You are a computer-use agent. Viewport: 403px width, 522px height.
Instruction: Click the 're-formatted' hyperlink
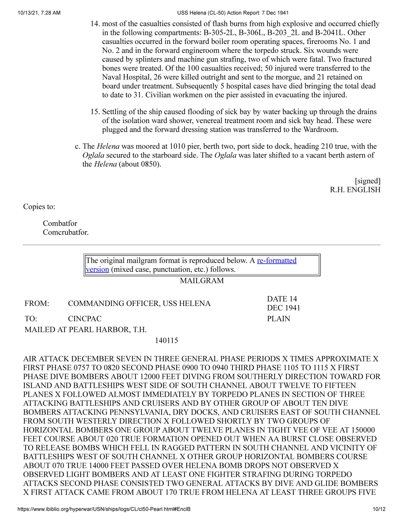[x=277, y=260]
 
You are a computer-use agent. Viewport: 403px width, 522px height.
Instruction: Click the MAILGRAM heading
[x=201, y=280]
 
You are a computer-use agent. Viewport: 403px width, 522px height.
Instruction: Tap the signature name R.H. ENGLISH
[x=355, y=189]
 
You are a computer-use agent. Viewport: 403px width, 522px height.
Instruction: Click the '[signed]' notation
[x=367, y=181]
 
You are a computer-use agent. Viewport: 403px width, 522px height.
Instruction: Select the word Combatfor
[x=60, y=223]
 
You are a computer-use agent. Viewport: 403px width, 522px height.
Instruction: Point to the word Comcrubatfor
[x=65, y=232]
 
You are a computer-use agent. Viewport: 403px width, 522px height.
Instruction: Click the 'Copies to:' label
[x=39, y=206]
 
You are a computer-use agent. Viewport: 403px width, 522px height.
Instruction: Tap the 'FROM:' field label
[x=37, y=303]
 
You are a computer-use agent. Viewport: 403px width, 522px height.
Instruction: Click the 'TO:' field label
[x=31, y=319]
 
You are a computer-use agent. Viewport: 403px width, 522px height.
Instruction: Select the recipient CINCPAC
[x=84, y=319]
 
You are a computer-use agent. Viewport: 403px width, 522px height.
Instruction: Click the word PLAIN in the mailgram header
[x=278, y=319]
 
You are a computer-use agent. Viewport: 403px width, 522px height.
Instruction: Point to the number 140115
[x=166, y=340]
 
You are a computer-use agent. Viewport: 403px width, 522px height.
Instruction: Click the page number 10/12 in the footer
[x=379, y=509]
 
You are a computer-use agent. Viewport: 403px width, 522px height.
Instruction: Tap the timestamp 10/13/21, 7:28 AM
[x=39, y=13]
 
